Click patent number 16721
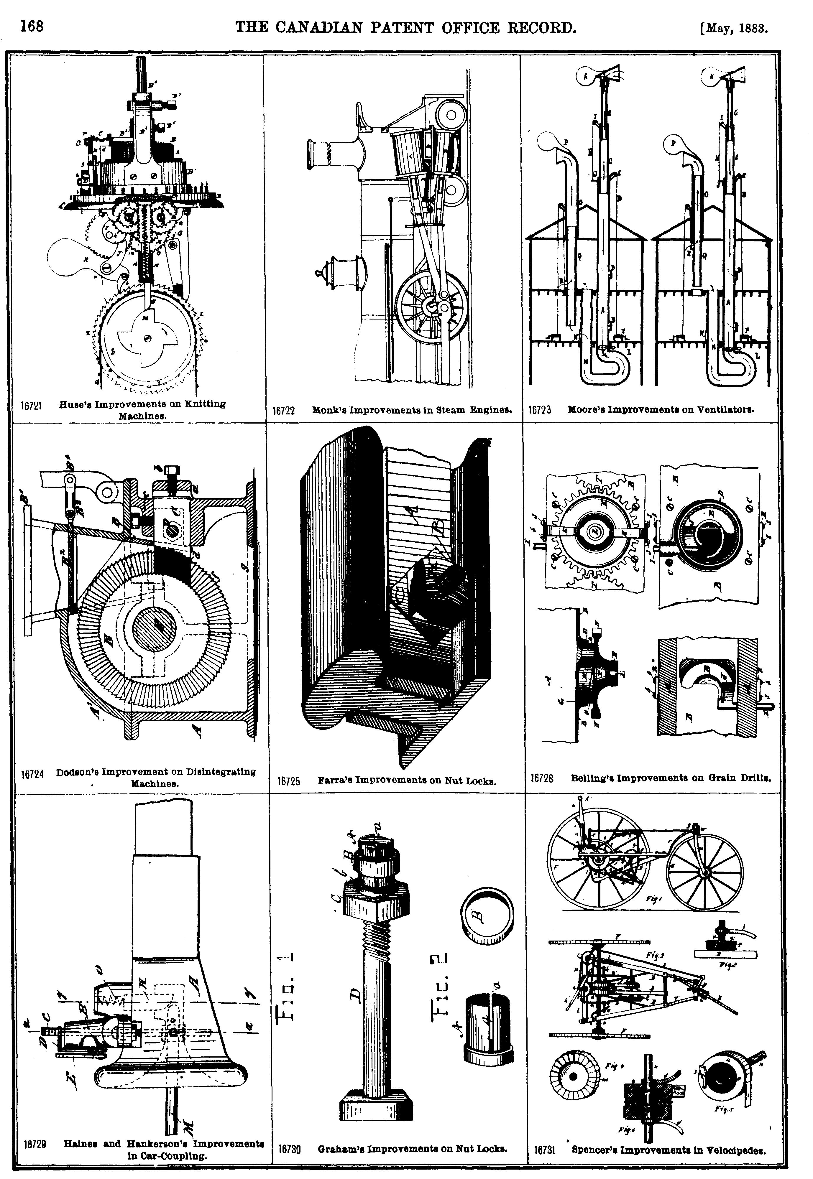[31, 406]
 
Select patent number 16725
[289, 781]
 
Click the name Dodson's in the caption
[76, 772]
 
